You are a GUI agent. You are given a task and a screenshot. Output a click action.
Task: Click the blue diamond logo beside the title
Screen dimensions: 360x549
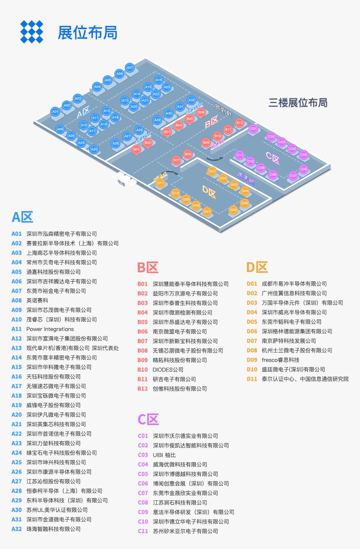[x=32, y=32]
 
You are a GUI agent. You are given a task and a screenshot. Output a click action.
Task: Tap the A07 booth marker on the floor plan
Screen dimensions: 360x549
[x=130, y=67]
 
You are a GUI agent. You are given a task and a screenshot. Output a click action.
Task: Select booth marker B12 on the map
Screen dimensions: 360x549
[x=239, y=122]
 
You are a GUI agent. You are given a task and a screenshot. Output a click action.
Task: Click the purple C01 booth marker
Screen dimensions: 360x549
[x=253, y=128]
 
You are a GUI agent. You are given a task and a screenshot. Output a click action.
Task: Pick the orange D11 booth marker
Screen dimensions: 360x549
[x=161, y=183]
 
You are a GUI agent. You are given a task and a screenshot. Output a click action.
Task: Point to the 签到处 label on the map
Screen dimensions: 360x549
[x=223, y=110]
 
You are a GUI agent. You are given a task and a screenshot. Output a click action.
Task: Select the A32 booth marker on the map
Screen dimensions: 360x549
[x=192, y=100]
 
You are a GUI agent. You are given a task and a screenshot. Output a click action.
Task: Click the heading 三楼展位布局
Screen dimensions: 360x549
[x=298, y=103]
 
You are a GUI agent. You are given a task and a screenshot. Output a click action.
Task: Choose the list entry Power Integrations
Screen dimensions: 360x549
[x=50, y=329]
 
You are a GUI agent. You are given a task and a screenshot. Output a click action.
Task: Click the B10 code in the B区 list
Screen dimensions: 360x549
[x=143, y=370]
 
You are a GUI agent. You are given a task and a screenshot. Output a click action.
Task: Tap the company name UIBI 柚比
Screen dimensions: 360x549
[x=164, y=455]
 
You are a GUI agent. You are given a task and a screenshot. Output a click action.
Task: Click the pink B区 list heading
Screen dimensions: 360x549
[x=148, y=268]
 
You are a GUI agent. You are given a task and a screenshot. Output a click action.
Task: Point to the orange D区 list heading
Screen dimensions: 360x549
[x=257, y=267]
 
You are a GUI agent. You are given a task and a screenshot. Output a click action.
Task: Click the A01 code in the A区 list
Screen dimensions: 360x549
[x=17, y=234]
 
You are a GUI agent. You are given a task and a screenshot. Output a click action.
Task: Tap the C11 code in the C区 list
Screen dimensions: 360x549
[x=143, y=531]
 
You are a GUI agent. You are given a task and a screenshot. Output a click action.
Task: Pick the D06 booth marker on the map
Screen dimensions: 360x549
[x=234, y=210]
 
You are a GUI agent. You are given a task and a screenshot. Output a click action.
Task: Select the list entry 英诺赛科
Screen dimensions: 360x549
[x=37, y=300]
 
